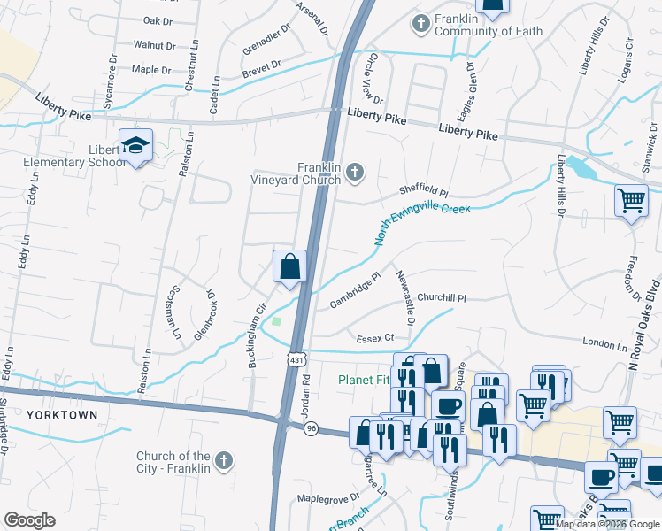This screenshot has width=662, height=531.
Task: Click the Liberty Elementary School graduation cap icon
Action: [135, 146]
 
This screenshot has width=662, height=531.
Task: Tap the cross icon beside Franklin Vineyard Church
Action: [355, 173]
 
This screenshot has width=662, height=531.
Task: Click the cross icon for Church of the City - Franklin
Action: [224, 461]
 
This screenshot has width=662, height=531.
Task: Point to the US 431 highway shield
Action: [295, 358]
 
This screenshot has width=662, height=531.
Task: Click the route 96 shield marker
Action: [311, 428]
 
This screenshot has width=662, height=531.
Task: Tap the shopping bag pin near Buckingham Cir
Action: [289, 266]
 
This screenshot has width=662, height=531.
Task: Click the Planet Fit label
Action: [365, 381]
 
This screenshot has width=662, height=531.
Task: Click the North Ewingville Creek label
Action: [421, 225]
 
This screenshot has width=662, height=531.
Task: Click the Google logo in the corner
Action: [29, 520]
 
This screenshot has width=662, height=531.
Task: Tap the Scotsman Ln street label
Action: [175, 313]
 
